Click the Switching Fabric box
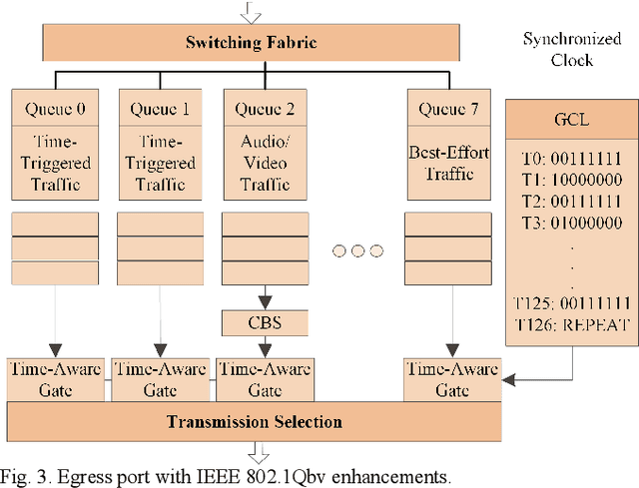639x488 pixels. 251,43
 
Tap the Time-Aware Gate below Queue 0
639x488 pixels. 55,379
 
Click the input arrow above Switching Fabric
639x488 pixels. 251,10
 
